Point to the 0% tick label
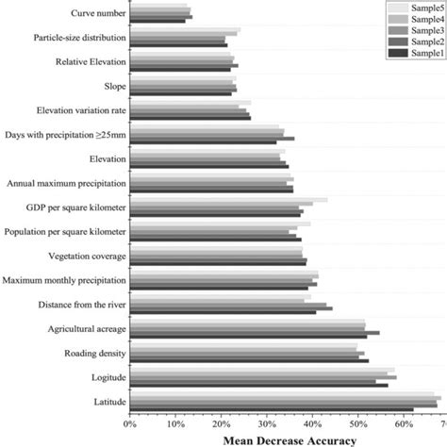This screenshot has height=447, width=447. coord(129,423)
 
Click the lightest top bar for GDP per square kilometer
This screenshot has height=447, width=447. coord(227,200)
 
